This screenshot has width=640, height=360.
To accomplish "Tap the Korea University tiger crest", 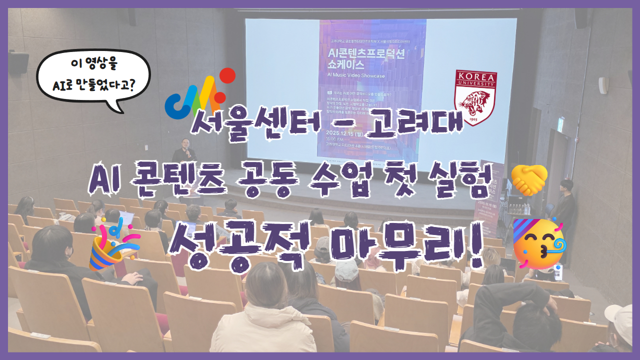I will point(475,97).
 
